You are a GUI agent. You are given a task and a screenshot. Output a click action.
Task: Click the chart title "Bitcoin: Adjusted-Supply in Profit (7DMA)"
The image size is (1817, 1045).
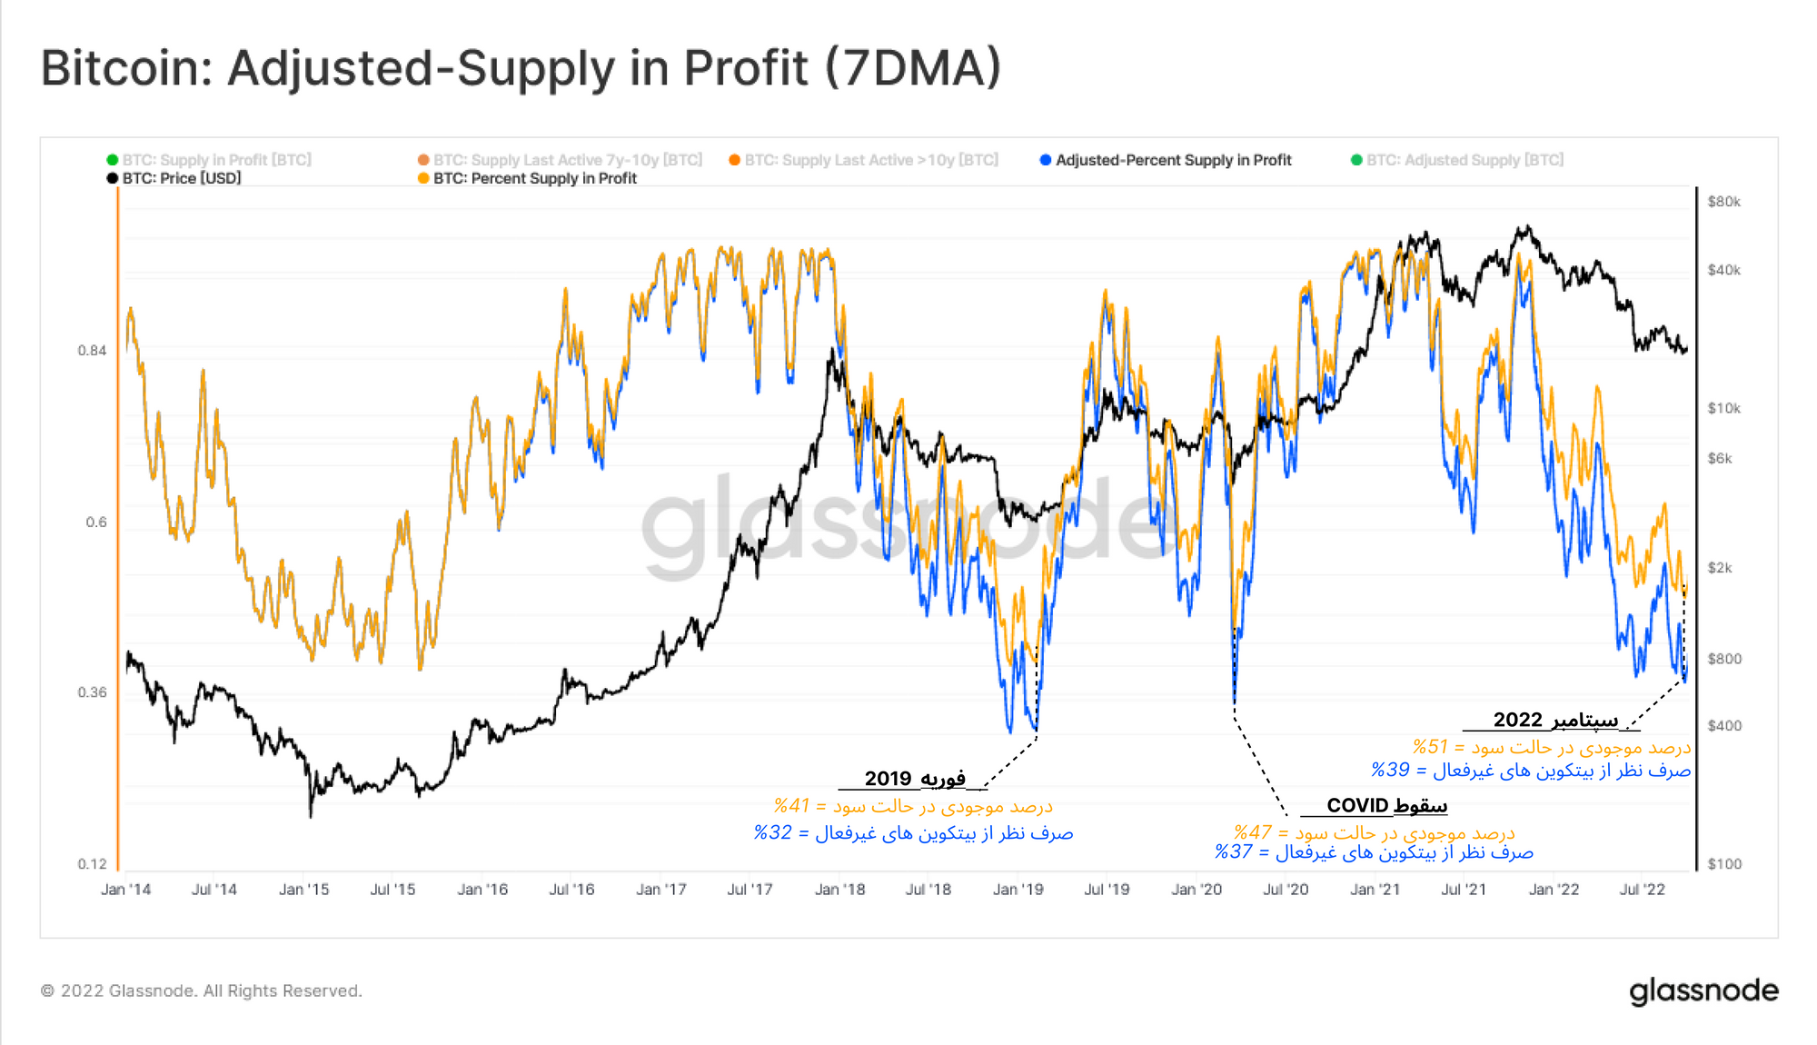click(x=521, y=68)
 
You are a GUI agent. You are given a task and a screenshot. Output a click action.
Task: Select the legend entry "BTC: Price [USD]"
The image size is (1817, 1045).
click(x=181, y=178)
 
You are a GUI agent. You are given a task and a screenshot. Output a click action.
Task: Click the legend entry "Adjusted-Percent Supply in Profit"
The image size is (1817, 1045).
click(x=1172, y=160)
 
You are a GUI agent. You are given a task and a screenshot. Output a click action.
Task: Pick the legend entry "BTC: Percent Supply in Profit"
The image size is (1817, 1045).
click(x=534, y=178)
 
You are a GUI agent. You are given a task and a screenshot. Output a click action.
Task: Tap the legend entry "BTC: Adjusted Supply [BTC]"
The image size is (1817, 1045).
click(x=1465, y=160)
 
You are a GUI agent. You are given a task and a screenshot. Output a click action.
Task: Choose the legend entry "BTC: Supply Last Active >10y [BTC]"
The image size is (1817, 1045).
click(x=870, y=160)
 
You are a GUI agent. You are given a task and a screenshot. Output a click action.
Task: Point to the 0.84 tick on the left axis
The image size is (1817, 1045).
click(x=92, y=351)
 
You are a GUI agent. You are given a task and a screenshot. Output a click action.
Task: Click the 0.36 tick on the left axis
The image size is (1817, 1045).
click(x=92, y=692)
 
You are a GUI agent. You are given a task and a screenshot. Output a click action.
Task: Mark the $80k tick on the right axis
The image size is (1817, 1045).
click(x=1723, y=202)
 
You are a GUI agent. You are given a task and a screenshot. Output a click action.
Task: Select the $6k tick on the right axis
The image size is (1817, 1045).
click(x=1720, y=459)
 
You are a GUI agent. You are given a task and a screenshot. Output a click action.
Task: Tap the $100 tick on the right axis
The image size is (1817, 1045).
click(x=1723, y=864)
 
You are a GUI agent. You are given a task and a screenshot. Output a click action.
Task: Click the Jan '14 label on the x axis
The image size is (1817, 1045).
click(x=125, y=890)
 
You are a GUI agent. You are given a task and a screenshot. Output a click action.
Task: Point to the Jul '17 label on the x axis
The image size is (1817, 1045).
click(x=750, y=890)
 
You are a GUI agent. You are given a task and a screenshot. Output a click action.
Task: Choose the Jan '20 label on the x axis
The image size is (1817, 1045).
click(x=1196, y=890)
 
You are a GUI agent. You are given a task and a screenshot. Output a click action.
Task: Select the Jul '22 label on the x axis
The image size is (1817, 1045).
click(x=1642, y=890)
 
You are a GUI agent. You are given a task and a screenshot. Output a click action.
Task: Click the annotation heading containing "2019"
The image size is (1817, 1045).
click(x=914, y=779)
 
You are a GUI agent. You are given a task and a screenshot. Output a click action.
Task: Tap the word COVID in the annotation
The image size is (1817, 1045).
click(x=1357, y=805)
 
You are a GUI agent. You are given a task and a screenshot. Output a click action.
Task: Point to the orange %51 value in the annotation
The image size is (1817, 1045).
click(x=1430, y=747)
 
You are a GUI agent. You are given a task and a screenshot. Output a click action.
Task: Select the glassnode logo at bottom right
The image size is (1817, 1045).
click(x=1703, y=990)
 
